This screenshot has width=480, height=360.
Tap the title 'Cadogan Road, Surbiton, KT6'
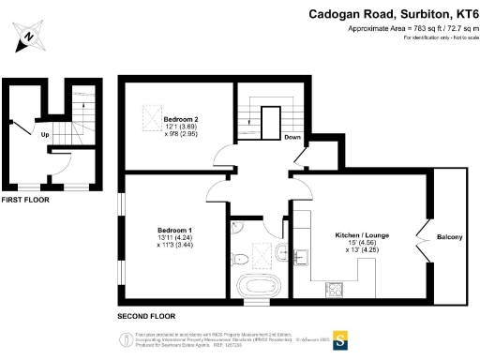(x=394, y=14)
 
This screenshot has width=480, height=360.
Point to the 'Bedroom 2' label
(x=182, y=120)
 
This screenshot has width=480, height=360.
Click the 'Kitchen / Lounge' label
(x=363, y=235)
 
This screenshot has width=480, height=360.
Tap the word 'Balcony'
(x=449, y=237)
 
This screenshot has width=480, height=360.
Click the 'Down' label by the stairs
(x=292, y=138)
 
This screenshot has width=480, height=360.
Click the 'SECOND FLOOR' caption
(x=145, y=315)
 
